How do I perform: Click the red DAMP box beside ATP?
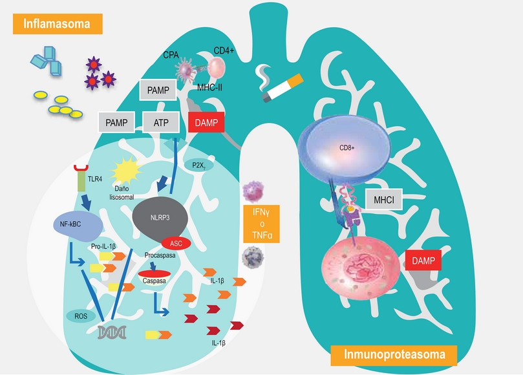point(204,120)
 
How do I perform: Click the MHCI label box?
point(383,200)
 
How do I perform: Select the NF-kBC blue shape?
point(76,226)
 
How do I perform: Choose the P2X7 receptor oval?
point(199,166)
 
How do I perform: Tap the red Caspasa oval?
point(155,279)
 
